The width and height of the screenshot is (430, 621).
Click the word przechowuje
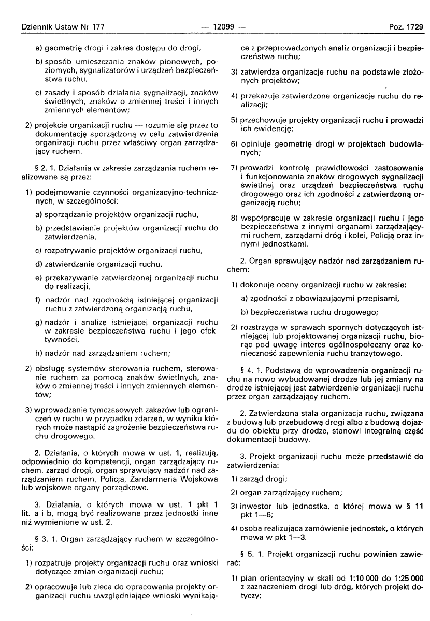264,119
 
